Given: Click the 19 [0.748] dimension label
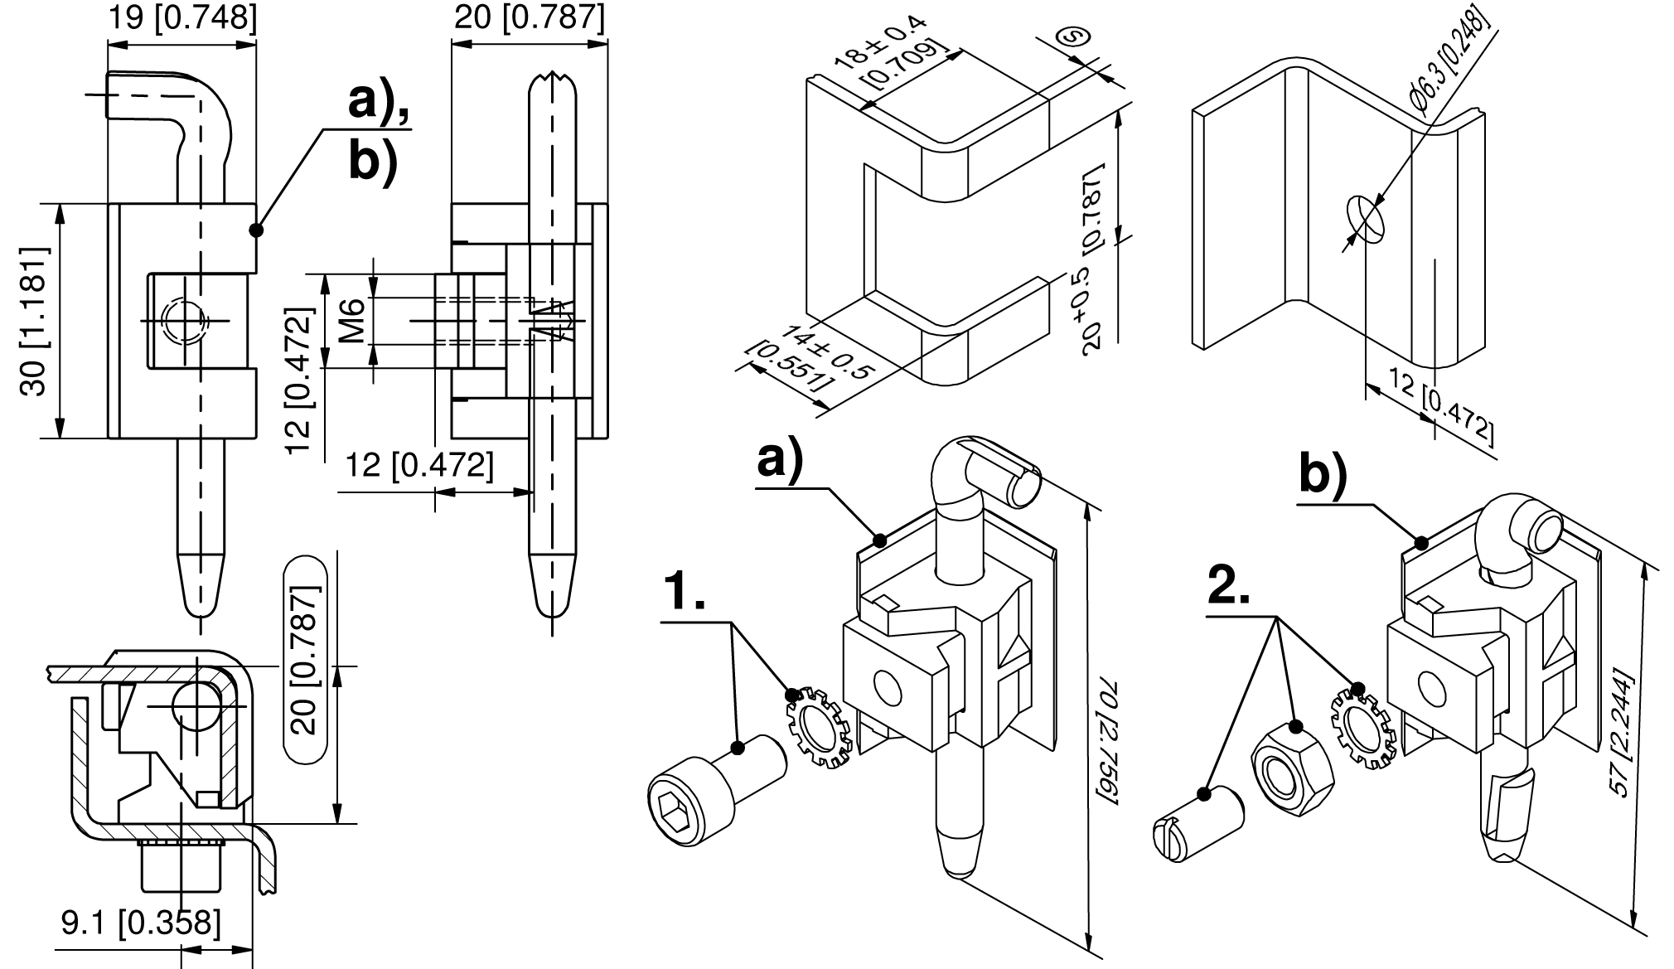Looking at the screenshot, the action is [x=182, y=17].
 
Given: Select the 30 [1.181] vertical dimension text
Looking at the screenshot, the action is [x=36, y=320].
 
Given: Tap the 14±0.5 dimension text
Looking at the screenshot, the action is [x=825, y=349].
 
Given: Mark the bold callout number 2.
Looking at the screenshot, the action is [x=1229, y=587].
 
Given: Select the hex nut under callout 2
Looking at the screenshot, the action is [x=1290, y=761].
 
